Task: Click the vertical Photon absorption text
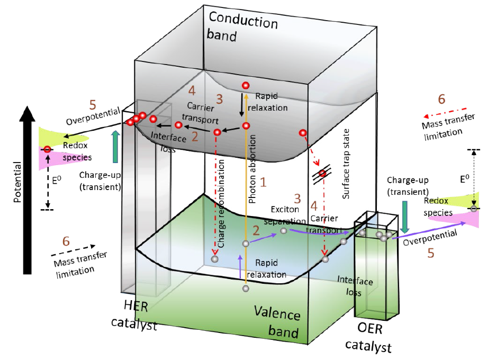coord(253,169)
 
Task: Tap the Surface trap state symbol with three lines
coord(321,173)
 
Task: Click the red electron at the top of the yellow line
coord(246,85)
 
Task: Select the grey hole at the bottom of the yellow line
coord(246,289)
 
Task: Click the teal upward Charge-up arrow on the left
coord(116,147)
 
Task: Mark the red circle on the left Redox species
coord(47,150)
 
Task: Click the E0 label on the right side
coord(464,179)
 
